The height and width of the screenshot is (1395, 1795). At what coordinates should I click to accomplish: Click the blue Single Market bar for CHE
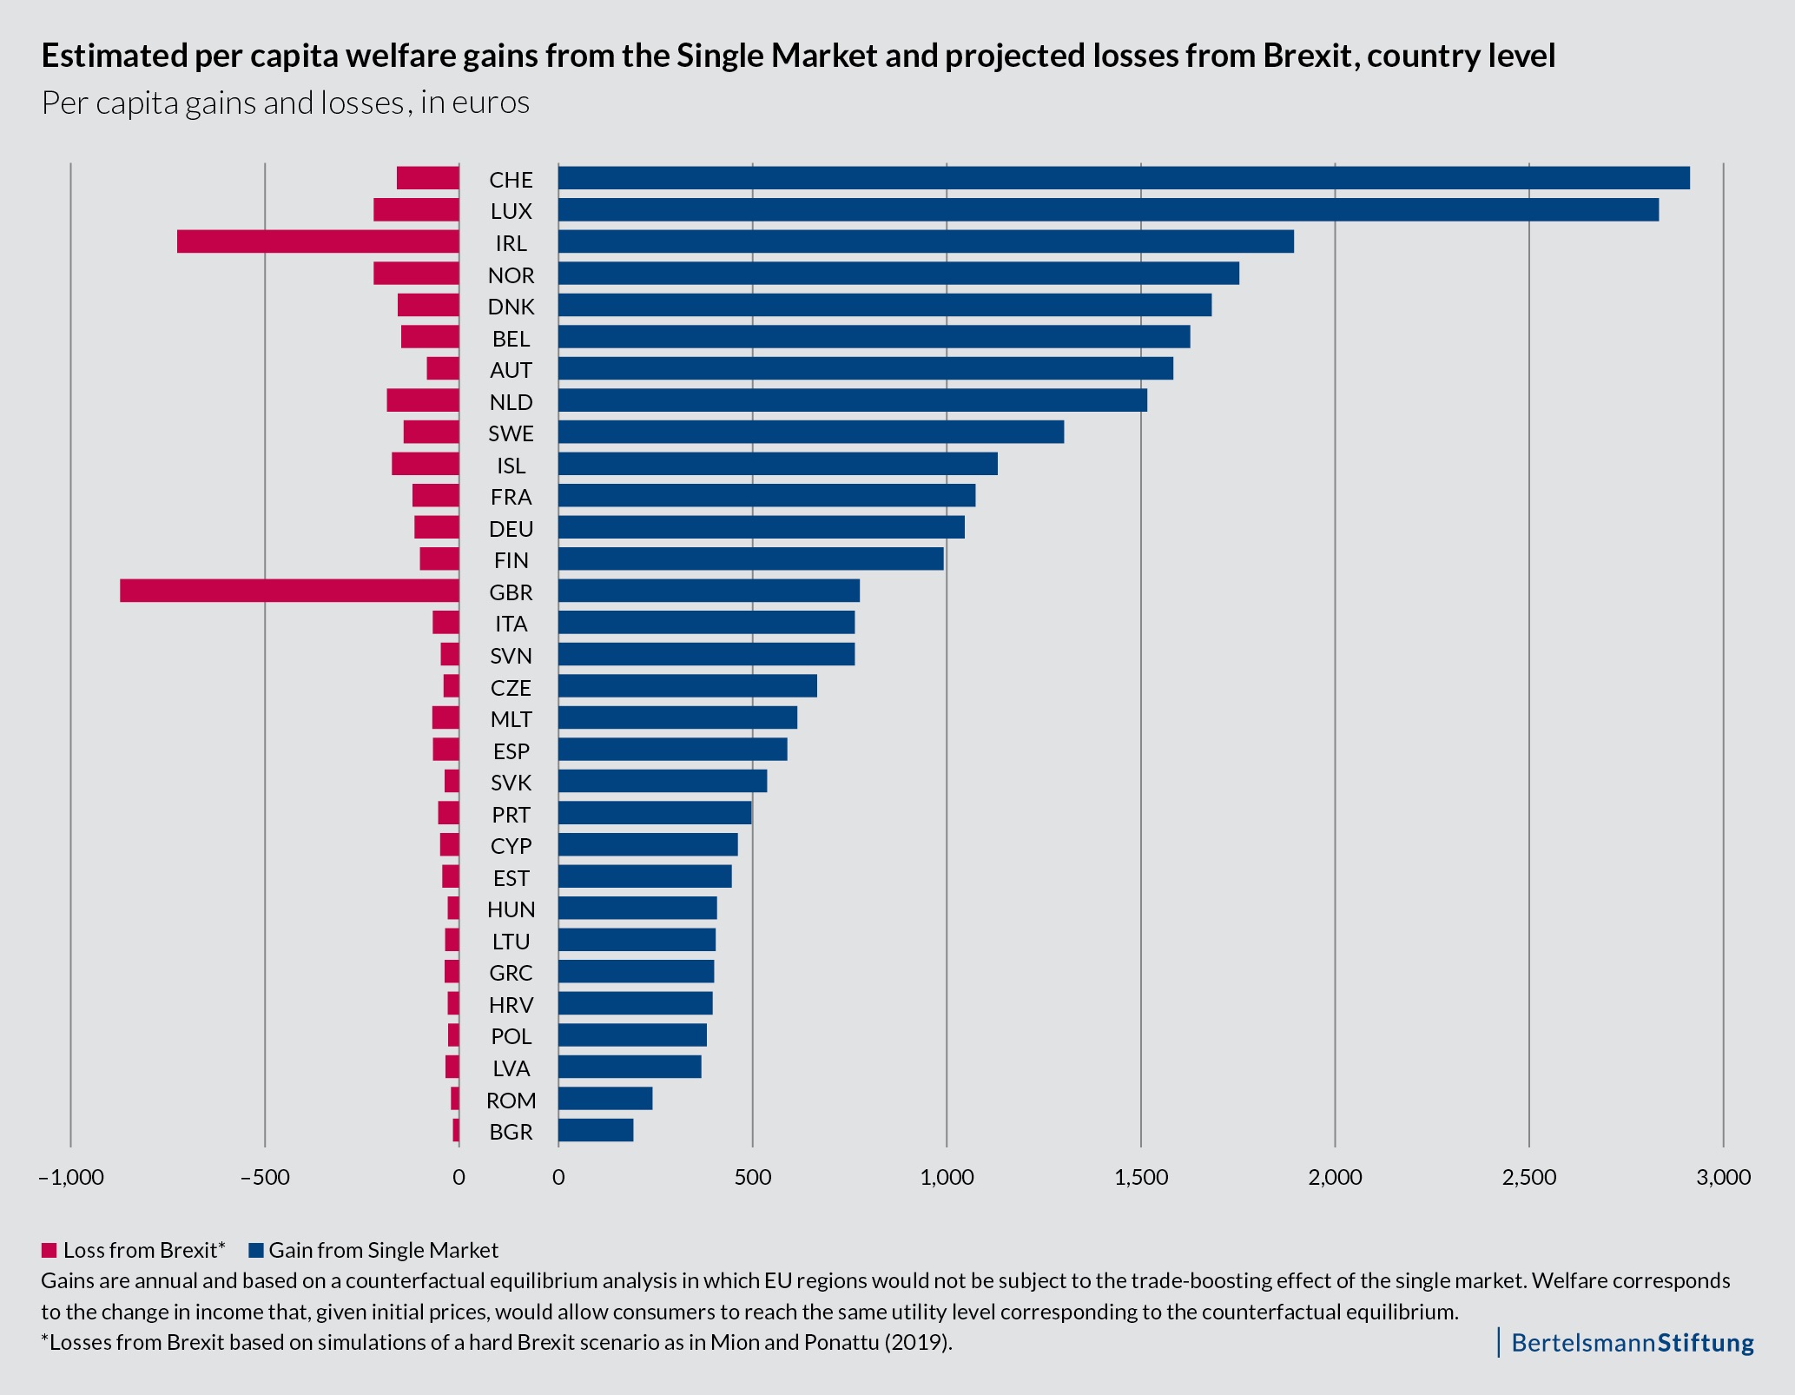[1124, 178]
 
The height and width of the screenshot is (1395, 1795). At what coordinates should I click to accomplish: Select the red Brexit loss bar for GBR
[289, 591]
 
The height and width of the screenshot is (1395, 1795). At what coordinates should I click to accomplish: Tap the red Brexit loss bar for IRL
[318, 241]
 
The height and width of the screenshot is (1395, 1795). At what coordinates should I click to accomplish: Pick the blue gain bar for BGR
[596, 1130]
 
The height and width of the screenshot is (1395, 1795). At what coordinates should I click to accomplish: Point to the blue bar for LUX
[1108, 210]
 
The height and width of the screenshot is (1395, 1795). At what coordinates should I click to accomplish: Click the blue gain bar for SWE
[811, 432]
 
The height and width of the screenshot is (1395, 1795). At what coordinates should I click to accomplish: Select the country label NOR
[511, 275]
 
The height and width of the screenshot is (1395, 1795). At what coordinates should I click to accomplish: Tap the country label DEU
[511, 529]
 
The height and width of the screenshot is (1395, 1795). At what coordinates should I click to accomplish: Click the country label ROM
[511, 1101]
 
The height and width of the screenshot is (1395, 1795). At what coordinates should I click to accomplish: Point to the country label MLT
[511, 719]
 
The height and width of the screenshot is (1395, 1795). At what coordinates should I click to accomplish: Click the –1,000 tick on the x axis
[70, 1178]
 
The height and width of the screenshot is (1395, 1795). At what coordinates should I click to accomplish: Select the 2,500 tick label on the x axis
[1529, 1178]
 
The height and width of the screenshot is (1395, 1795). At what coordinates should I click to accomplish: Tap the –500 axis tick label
[265, 1178]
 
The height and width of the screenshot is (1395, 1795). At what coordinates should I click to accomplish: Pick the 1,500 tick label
[1141, 1178]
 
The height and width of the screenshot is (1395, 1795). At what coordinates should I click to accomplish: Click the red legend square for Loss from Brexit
[49, 1251]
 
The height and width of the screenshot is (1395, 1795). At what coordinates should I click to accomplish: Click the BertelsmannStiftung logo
[1632, 1342]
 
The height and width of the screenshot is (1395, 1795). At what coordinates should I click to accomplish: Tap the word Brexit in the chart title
[1303, 56]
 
